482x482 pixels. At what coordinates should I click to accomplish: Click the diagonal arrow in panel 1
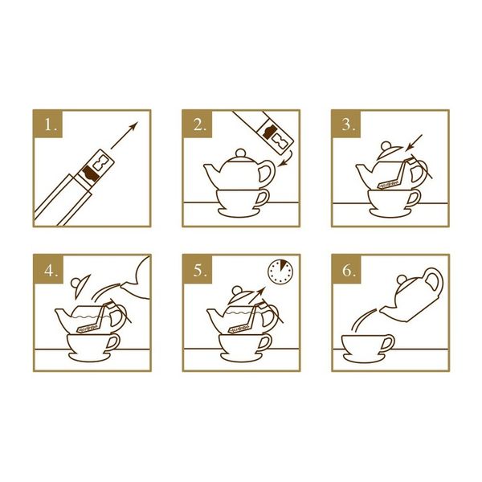[x=125, y=135]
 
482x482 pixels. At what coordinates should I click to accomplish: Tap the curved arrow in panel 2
[x=285, y=159]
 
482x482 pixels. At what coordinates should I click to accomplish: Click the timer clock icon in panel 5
[x=280, y=272]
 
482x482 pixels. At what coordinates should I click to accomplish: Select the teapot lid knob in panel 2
[x=241, y=153]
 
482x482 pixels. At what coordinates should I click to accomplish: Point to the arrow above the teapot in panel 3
[x=414, y=143]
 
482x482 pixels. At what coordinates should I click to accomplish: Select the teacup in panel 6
[x=368, y=345]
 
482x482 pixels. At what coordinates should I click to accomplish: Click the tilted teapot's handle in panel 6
[x=434, y=280]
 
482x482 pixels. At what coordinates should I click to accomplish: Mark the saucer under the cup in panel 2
[x=239, y=213]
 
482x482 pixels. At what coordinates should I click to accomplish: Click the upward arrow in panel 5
[x=256, y=295]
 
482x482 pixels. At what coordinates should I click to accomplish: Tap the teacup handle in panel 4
[x=112, y=342]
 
